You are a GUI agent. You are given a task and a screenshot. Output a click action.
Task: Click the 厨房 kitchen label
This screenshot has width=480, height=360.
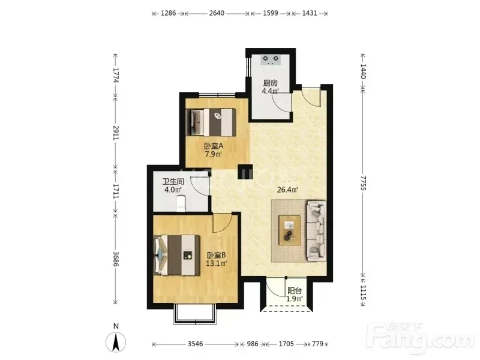pos(271,83)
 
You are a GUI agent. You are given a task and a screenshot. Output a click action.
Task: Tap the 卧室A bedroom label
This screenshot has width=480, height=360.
pos(214,146)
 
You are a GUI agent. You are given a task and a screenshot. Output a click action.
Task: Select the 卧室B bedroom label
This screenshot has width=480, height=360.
pos(217,255)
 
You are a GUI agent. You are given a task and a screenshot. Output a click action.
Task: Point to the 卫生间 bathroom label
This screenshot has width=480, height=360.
pos(173,182)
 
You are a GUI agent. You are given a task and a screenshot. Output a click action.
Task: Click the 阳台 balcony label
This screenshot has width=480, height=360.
pos(295,291)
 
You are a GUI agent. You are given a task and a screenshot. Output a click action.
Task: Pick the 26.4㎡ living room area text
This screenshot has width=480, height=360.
pos(287,190)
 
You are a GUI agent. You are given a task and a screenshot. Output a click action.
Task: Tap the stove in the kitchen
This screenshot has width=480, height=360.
pos(271,59)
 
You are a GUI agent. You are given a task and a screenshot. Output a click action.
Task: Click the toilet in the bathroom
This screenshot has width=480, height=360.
pos(181,203)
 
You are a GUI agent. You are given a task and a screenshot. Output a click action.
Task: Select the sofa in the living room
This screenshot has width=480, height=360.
pos(316,231)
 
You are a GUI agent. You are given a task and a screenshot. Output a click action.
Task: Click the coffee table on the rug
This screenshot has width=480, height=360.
pos(289,230)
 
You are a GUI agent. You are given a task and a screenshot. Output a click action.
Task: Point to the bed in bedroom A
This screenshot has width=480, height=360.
pos(211,122)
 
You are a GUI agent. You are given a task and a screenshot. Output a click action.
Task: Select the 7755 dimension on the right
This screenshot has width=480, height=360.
pos(363,183)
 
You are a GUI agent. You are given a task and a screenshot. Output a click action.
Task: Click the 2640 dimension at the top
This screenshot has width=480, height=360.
pos(217,13)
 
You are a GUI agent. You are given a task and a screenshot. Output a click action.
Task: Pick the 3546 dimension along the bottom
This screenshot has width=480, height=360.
pos(196,344)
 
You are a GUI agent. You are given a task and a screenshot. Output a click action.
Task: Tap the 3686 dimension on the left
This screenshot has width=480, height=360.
pos(115,259)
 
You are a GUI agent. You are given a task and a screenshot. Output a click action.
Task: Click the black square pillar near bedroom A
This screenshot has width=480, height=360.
pos(245,172)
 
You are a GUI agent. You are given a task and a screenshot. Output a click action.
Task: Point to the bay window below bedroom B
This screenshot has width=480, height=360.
pos(194,314)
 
